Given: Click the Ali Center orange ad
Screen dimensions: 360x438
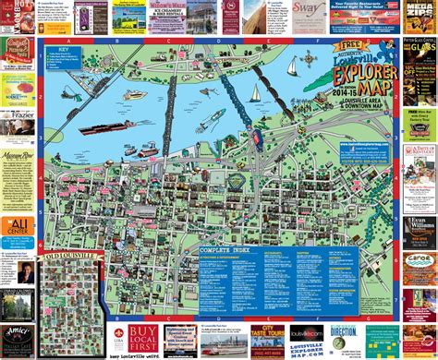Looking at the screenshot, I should (x=18, y=228).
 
